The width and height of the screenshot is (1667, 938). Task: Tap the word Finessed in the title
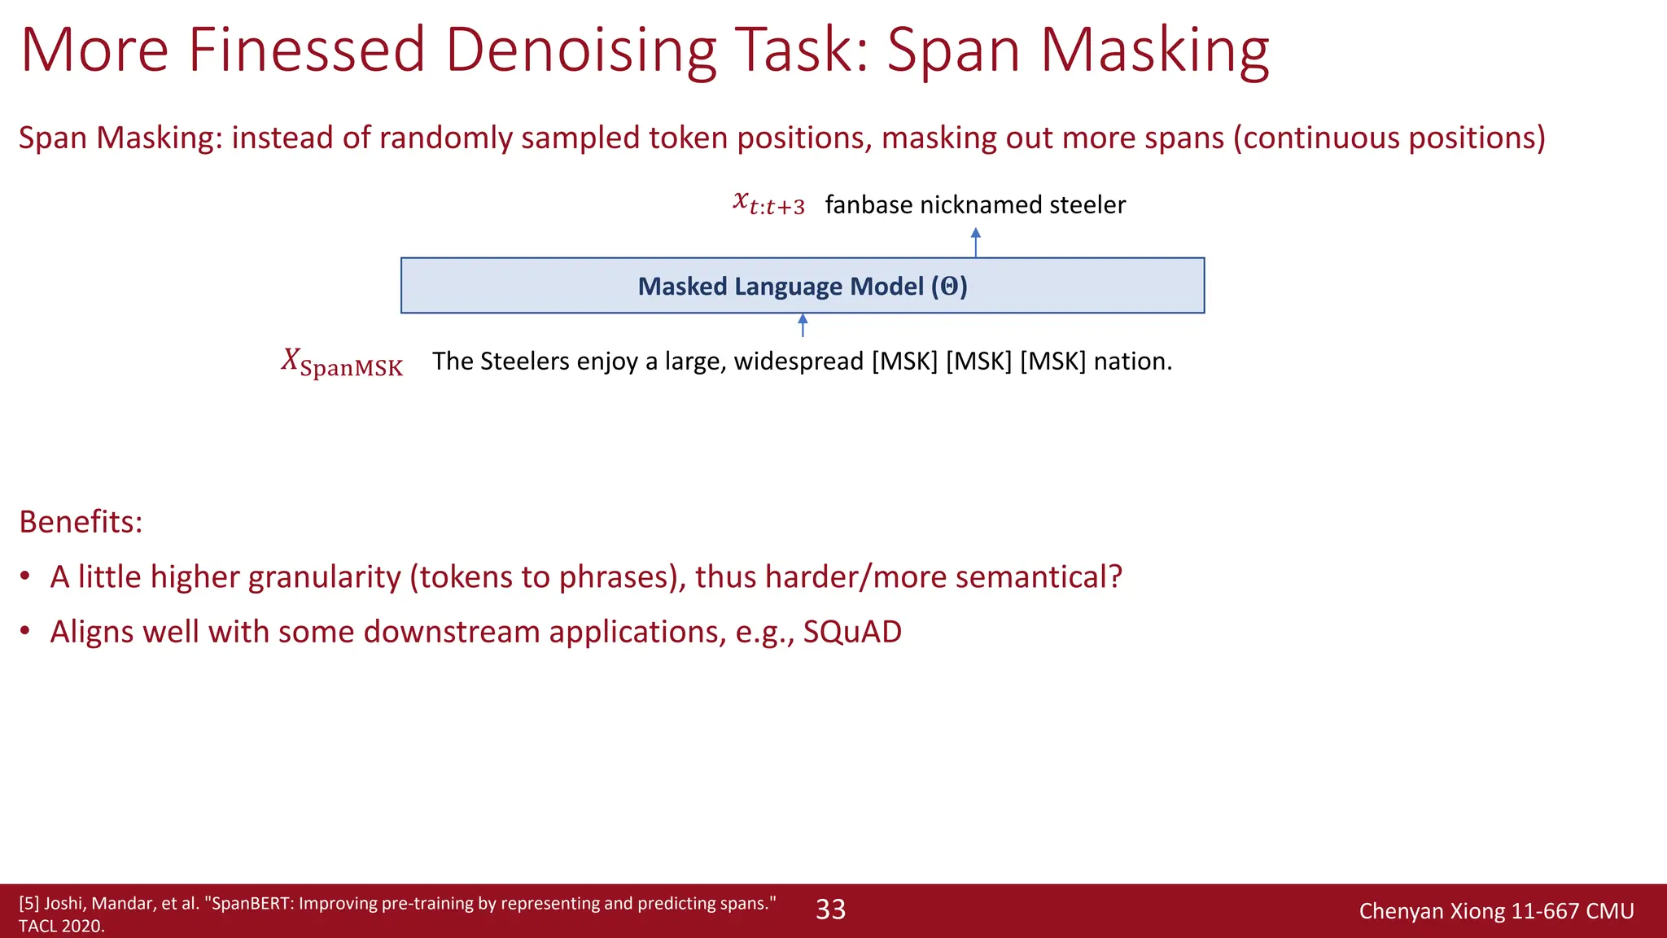307,50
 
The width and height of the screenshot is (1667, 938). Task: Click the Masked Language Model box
802,286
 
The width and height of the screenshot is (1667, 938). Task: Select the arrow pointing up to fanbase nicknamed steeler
975,243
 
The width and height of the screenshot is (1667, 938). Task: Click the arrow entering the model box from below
803,325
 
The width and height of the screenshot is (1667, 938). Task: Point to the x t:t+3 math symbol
768,203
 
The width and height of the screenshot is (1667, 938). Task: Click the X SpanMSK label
342,363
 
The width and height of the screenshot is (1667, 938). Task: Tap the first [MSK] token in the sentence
904,361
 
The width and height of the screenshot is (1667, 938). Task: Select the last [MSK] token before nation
1052,361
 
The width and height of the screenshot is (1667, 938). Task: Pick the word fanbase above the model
869,204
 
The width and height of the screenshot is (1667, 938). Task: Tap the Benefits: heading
81,522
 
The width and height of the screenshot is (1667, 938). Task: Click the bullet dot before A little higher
25,576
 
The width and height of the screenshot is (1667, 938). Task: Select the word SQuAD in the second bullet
852,632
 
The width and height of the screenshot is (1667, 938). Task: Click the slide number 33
830,910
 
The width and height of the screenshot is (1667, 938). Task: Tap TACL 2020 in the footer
61,926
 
